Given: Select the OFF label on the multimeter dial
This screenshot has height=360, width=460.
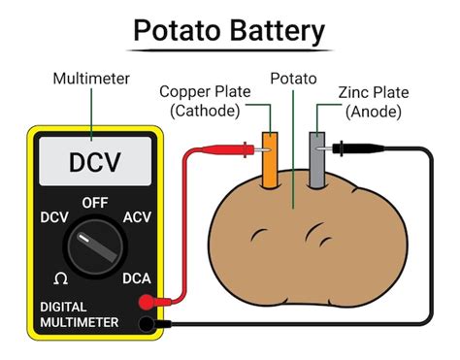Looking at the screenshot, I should [94, 203].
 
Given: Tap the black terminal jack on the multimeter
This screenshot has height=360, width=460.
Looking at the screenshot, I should [147, 323].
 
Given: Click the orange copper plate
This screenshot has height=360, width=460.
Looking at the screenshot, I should [271, 157].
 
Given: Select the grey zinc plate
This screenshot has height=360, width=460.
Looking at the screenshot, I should [316, 157].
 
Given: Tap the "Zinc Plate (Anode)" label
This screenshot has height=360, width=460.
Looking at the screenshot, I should [374, 101].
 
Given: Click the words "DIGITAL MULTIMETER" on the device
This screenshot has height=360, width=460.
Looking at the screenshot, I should [79, 313].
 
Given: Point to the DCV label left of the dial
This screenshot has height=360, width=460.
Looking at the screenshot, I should [51, 218].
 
